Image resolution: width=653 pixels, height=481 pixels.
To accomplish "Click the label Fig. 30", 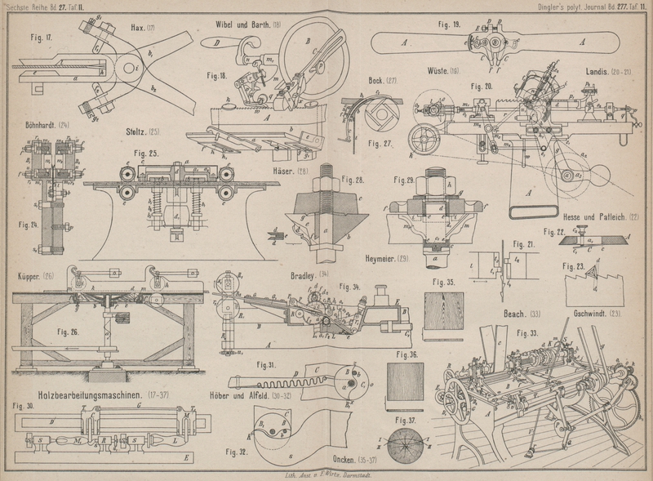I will coord(24,405).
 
